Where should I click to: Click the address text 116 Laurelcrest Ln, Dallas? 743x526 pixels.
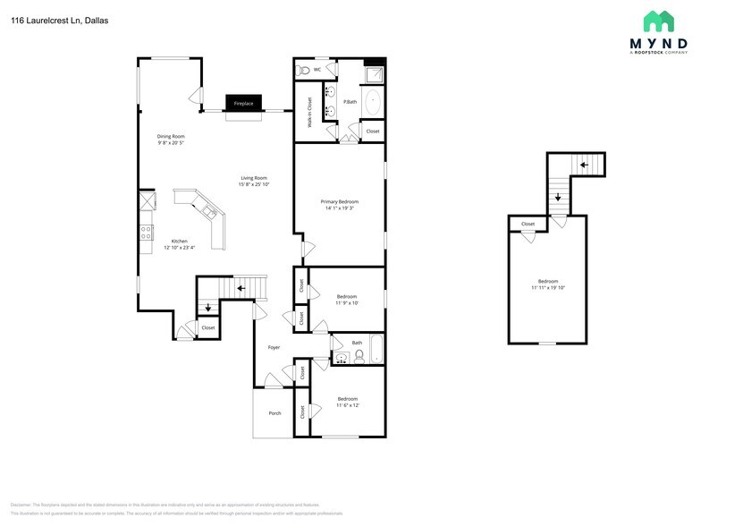(60, 19)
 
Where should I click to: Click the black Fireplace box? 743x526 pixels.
(243, 104)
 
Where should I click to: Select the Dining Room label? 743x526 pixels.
(171, 136)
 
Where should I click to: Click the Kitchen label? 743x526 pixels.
(180, 241)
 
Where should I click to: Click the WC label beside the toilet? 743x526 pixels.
(317, 69)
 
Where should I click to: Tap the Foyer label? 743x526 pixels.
(274, 347)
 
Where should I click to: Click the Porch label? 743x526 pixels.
(274, 412)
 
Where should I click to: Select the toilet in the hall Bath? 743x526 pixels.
(359, 356)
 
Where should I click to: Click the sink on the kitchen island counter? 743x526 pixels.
(207, 212)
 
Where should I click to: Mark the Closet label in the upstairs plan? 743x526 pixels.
(528, 224)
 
